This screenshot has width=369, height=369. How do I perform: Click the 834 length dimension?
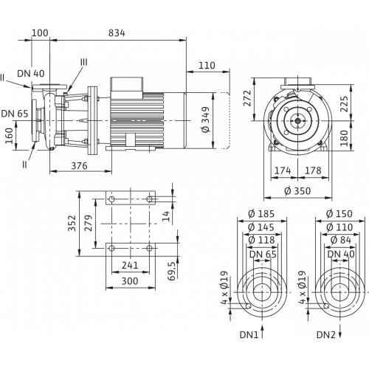point(117,32)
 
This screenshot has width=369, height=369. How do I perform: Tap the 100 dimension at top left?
point(40,32)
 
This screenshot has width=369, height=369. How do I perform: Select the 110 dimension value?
point(207,66)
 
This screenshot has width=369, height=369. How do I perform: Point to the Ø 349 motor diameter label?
point(205,120)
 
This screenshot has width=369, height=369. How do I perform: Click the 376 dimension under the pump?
point(79,166)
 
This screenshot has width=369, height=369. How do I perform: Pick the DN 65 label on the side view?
point(15,114)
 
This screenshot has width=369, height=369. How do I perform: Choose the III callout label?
point(84,62)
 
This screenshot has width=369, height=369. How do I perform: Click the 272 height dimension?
point(247,98)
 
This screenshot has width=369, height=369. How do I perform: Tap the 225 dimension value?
point(344,104)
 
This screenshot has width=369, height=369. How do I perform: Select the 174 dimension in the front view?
point(283,170)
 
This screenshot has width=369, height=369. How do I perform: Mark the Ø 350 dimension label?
point(297,191)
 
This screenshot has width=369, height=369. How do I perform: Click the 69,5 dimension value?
point(171,271)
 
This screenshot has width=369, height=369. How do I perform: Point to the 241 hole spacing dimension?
point(130,266)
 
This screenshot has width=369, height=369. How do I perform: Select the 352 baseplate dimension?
point(72,224)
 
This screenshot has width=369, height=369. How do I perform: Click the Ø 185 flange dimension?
point(261,214)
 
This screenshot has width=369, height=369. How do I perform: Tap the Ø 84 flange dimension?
point(341,240)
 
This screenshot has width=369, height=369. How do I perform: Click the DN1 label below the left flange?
point(249,335)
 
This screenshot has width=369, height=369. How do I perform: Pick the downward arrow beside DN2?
point(340,331)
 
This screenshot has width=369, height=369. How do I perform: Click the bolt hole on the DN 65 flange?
point(249,306)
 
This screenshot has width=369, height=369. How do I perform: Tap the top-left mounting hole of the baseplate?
point(111,199)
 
